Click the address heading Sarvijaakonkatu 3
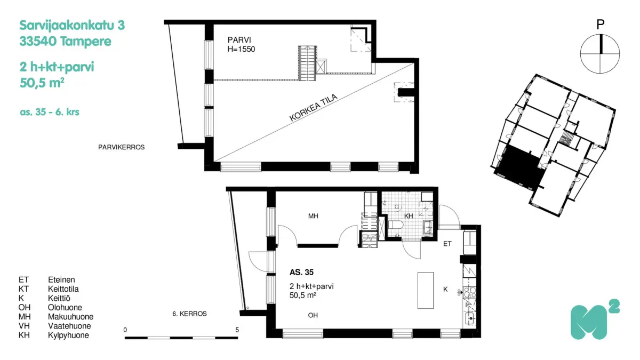tap(72, 25)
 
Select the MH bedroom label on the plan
tap(313, 216)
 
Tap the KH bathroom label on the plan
tap(409, 216)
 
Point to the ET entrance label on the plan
tap(447, 244)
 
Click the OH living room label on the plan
tap(313, 315)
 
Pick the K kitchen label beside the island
tap(445, 289)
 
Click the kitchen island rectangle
tap(425, 290)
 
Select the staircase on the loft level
tap(306, 62)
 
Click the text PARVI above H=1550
tap(239, 40)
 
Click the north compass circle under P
tap(600, 53)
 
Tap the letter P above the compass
tap(601, 24)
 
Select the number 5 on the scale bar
tap(237, 330)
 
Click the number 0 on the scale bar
tap(125, 330)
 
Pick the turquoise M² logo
tap(594, 321)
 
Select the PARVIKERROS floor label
tap(121, 147)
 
